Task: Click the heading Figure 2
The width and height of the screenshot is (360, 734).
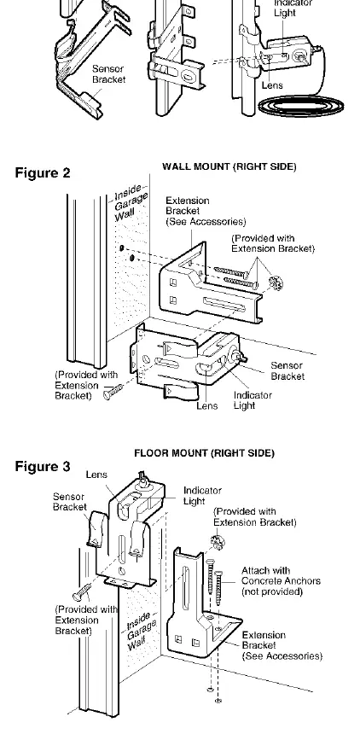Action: (43, 172)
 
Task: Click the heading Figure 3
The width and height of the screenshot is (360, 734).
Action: (43, 467)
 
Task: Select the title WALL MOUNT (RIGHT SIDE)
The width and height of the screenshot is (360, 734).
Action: (229, 166)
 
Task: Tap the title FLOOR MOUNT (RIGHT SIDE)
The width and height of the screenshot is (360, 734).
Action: (204, 453)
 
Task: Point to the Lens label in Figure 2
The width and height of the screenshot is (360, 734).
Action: (207, 406)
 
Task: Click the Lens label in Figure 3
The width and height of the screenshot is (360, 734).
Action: (97, 475)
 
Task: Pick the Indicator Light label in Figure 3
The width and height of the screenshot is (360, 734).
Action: (202, 496)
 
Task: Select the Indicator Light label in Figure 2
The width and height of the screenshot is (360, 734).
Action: (253, 400)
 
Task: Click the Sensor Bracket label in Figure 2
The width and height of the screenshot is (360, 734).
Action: (287, 370)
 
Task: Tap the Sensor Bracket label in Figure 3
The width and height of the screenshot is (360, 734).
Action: (70, 502)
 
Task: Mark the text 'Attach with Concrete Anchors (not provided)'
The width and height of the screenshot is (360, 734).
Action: (281, 581)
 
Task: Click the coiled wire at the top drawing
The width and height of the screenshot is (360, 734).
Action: (301, 105)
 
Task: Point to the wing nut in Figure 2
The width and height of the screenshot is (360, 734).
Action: (276, 283)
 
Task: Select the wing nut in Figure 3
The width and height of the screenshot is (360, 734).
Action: (218, 542)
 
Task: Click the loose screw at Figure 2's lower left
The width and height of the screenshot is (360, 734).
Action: (113, 392)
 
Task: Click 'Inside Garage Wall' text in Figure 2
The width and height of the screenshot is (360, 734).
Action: (130, 202)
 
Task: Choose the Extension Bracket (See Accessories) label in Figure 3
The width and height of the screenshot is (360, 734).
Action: (282, 645)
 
